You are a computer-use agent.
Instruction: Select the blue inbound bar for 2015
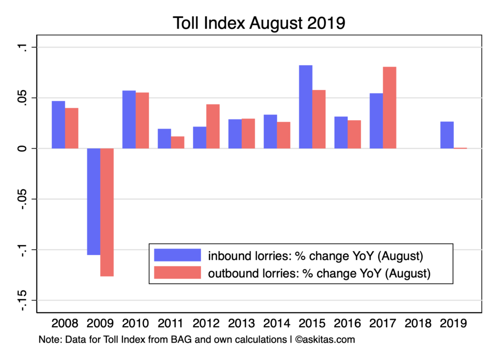click(x=306, y=107)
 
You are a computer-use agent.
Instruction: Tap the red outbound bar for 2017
click(x=390, y=107)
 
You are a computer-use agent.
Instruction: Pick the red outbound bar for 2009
click(x=107, y=212)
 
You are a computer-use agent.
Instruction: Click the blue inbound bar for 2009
click(x=93, y=202)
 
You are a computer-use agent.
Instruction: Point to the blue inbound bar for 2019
click(x=447, y=135)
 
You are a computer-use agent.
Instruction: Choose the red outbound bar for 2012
click(x=213, y=126)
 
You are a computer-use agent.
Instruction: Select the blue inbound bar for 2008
click(x=58, y=125)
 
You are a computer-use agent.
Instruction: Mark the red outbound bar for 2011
click(x=177, y=142)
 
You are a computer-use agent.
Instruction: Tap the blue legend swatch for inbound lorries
click(x=177, y=255)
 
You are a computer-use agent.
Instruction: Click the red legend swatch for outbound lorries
click(x=177, y=273)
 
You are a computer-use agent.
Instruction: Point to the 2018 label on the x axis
click(x=419, y=323)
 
